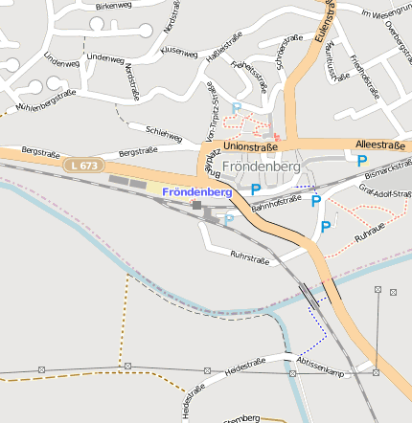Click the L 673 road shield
click(82, 166)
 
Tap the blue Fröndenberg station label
click(196, 192)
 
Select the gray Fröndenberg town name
click(261, 166)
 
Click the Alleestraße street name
click(379, 144)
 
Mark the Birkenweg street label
click(113, 6)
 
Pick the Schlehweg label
click(163, 133)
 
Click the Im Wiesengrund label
click(386, 12)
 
